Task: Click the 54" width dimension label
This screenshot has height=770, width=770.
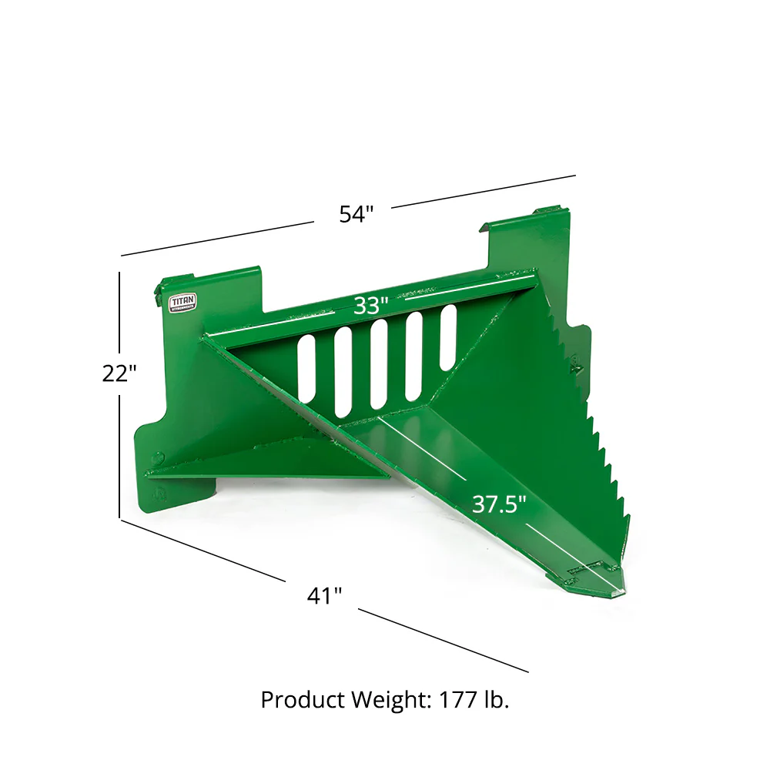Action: (356, 214)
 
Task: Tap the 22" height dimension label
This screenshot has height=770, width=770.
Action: (119, 373)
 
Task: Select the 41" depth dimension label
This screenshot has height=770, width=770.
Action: (323, 595)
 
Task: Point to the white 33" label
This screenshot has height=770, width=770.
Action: (370, 306)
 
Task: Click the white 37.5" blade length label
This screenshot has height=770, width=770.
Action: (499, 505)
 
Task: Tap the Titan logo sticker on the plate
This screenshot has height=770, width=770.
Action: (182, 301)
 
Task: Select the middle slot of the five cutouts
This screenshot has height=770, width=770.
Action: (378, 363)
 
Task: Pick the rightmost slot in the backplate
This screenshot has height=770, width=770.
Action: (447, 336)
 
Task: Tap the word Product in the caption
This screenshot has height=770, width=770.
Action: (302, 700)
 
